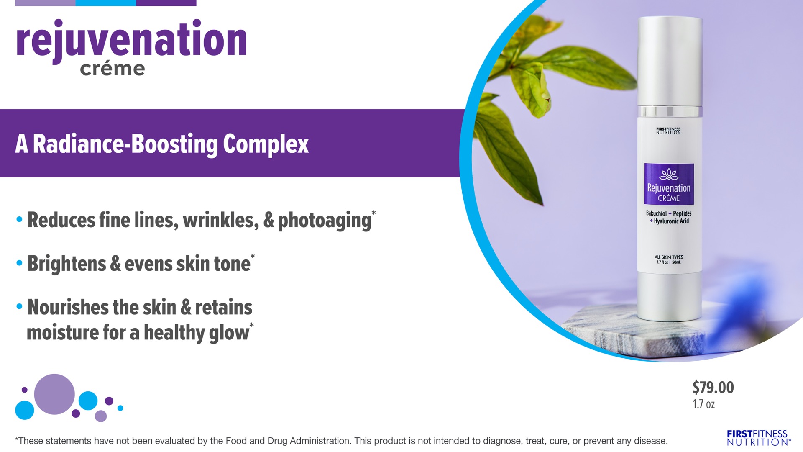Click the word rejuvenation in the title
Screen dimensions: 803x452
131,41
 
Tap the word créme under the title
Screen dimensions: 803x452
113,69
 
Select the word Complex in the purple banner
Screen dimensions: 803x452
266,144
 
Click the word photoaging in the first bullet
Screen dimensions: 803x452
325,221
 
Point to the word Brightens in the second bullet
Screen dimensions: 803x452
67,264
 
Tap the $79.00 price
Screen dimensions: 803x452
713,388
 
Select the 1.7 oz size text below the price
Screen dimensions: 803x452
703,404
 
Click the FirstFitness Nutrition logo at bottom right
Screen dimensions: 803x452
758,438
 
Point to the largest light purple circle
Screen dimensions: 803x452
54,394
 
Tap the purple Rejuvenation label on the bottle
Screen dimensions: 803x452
669,184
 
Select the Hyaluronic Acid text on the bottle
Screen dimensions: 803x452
671,221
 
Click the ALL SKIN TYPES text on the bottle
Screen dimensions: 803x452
669,257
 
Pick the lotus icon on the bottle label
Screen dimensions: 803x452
669,174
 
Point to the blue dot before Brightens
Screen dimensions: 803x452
19,263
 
